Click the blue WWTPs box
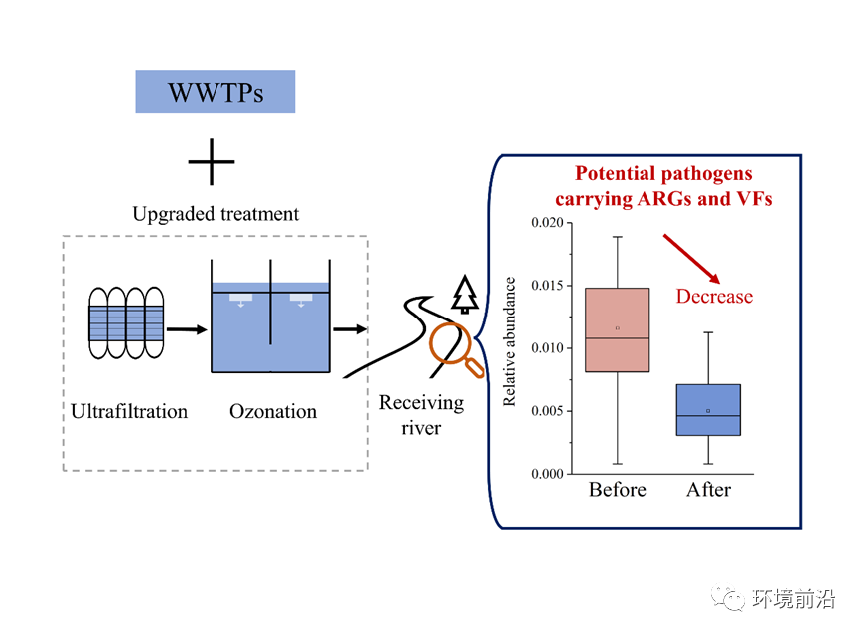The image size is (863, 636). tap(215, 92)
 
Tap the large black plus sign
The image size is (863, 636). tap(212, 161)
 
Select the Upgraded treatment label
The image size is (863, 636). tap(216, 214)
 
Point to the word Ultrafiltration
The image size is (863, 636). tap(129, 411)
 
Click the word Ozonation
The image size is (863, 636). tap(273, 411)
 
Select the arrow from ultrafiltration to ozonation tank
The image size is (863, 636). tap(186, 327)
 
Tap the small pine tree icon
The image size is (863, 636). tap(465, 295)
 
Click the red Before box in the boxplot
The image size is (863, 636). tap(617, 329)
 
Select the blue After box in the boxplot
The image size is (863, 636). tap(707, 410)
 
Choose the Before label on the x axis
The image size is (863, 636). tap(617, 490)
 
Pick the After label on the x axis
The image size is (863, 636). tap(708, 490)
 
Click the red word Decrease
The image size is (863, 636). tap(714, 297)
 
